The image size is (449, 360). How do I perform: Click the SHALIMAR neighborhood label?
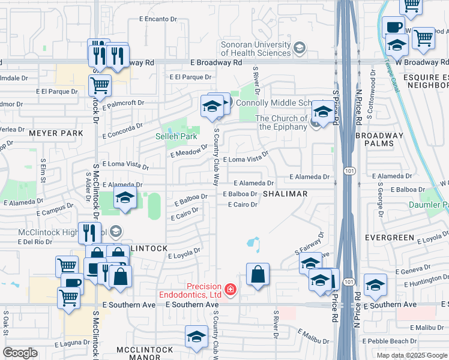(285, 194)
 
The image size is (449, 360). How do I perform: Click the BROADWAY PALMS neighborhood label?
(383, 140)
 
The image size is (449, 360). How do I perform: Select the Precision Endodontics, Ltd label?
(190, 291)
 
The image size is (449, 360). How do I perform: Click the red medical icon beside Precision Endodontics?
(229, 291)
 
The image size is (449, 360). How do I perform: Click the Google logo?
(20, 353)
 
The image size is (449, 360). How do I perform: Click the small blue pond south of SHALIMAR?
(253, 244)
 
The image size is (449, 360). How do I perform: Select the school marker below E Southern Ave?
(196, 337)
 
